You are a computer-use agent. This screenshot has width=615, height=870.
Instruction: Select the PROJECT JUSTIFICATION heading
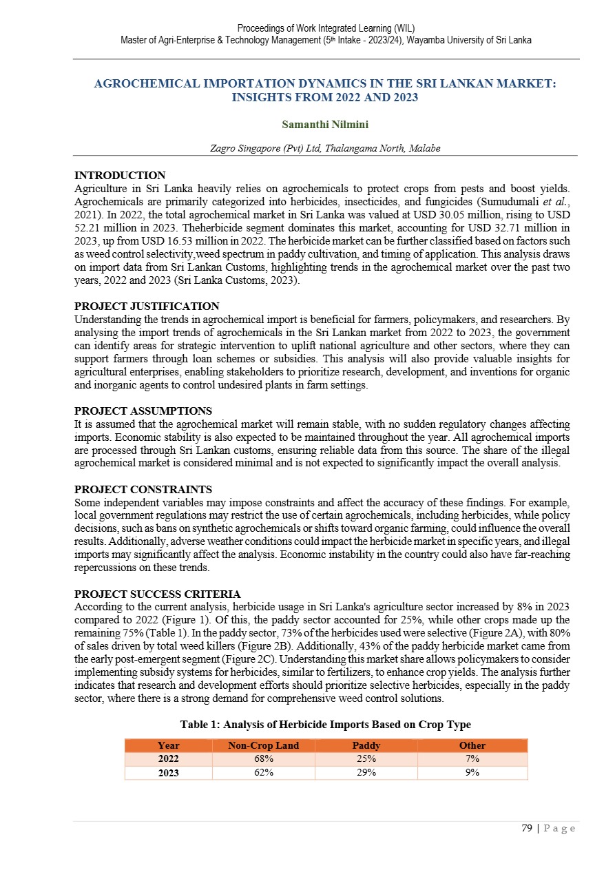(147, 306)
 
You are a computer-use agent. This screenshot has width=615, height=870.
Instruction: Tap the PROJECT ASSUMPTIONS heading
(143, 411)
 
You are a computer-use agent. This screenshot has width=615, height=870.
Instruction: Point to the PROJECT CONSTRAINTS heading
(143, 490)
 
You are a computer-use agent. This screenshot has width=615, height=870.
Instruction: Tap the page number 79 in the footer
(527, 829)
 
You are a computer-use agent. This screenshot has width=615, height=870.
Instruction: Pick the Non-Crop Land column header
(255, 745)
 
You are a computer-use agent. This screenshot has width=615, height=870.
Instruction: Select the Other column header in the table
(472, 745)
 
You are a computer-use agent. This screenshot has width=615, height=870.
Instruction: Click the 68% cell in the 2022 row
(255, 758)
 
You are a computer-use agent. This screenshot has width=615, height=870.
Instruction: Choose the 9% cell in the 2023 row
(472, 772)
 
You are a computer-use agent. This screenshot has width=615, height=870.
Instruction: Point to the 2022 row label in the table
(169, 758)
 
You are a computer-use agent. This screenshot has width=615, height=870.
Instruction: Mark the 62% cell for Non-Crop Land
(255, 772)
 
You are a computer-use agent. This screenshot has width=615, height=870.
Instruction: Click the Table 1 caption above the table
(325, 725)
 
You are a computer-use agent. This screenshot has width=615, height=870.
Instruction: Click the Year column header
(169, 745)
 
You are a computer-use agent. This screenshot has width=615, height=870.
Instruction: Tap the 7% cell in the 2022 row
(472, 758)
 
